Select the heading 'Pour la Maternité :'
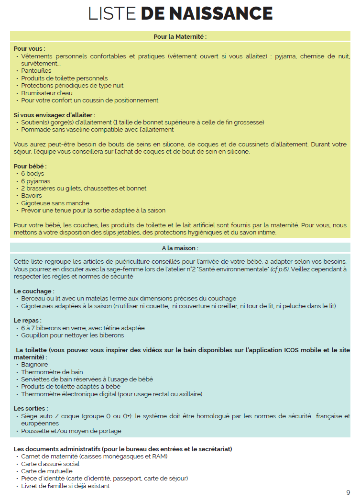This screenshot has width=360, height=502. [x=180, y=36]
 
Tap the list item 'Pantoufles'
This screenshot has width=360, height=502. [x=36, y=71]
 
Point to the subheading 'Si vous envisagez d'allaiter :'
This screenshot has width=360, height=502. [x=55, y=115]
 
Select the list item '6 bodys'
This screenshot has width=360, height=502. [x=33, y=174]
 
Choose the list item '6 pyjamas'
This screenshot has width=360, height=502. [x=36, y=181]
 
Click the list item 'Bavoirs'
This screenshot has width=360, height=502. [x=32, y=195]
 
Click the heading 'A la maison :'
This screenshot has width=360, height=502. [x=180, y=248]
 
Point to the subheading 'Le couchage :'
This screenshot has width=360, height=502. [x=34, y=291]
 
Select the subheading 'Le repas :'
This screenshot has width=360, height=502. [x=28, y=321]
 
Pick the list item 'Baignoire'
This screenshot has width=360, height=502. [x=34, y=365]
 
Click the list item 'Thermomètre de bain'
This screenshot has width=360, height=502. [x=52, y=372]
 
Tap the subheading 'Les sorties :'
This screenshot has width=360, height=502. [x=31, y=409]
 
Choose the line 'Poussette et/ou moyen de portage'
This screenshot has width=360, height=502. [x=71, y=431]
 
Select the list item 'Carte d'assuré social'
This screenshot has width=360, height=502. [x=50, y=464]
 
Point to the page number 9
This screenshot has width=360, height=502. [x=348, y=492]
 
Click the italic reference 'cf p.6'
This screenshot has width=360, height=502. [x=279, y=269]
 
